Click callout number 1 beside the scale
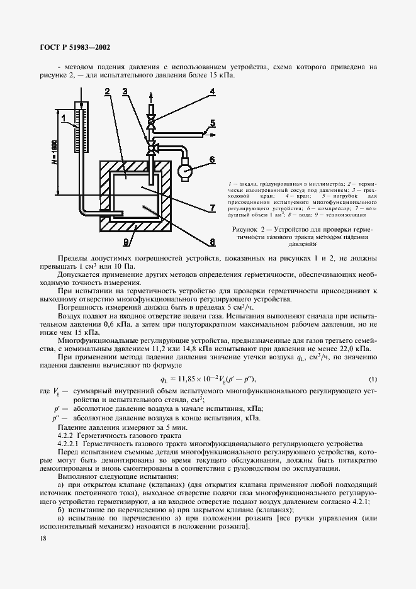pyautogui.click(x=64, y=117)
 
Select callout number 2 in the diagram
pyautogui.click(x=108, y=92)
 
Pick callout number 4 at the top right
pyautogui.click(x=212, y=91)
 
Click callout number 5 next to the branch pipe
pyautogui.click(x=212, y=123)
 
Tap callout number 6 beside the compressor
pyautogui.click(x=212, y=159)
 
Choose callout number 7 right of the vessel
pyautogui.click(x=213, y=207)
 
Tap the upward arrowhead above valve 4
pyautogui.click(x=151, y=96)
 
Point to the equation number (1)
pyautogui.click(x=373, y=379)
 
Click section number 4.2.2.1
pyautogui.click(x=71, y=443)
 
